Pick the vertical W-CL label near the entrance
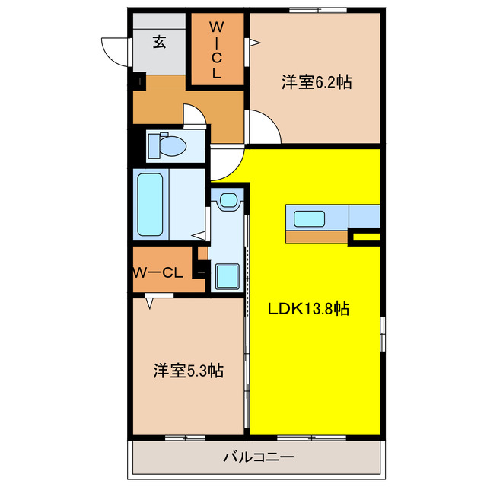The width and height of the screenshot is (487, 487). pyautogui.click(x=216, y=50)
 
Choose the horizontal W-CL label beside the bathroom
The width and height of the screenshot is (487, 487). pyautogui.click(x=158, y=272)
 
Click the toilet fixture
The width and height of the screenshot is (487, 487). pyautogui.click(x=168, y=145)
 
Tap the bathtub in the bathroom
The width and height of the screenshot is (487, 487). pyautogui.click(x=150, y=205)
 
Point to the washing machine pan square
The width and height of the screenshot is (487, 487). pyautogui.click(x=227, y=275)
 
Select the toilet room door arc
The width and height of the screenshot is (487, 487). pyautogui.click(x=196, y=116)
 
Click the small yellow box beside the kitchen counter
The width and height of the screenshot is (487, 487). pyautogui.click(x=365, y=238)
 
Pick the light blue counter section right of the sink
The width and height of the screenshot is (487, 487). pyautogui.click(x=364, y=216)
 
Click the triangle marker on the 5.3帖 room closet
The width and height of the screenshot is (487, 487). pyautogui.click(x=150, y=303)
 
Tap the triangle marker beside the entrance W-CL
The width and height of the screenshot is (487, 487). pyautogui.click(x=254, y=44)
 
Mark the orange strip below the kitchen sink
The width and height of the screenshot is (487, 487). pyautogui.click(x=317, y=236)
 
